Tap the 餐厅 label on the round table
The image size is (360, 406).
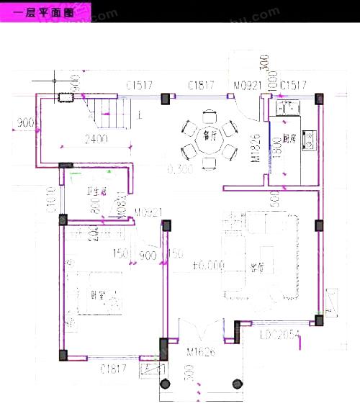[x=210, y=132]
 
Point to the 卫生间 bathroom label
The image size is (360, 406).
[x=96, y=191]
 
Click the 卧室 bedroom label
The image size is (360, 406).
[x=99, y=294]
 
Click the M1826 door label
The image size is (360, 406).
[x=255, y=148]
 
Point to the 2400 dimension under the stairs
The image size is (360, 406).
[x=95, y=140]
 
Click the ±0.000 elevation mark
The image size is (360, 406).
[x=209, y=266]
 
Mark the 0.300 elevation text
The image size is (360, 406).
[x=179, y=170]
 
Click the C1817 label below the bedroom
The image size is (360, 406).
[x=114, y=369]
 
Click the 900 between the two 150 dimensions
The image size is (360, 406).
[x=147, y=255]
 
